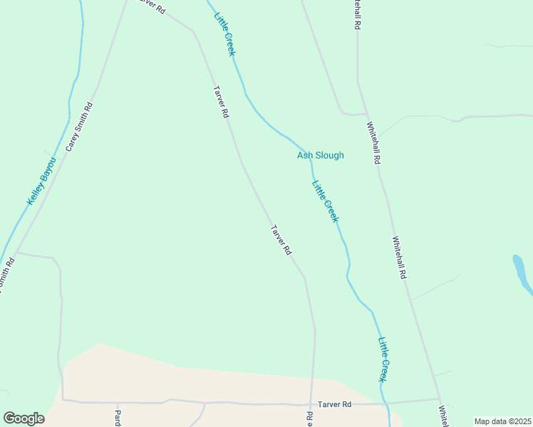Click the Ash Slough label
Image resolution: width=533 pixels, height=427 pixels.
click(x=321, y=155)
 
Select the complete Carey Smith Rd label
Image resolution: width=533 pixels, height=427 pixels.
click(x=80, y=126)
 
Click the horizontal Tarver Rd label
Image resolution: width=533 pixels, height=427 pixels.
click(x=335, y=404)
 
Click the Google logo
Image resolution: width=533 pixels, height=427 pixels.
click(x=24, y=418)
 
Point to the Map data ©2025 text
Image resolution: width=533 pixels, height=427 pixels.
click(x=502, y=421)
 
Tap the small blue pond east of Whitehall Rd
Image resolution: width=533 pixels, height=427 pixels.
click(x=522, y=274)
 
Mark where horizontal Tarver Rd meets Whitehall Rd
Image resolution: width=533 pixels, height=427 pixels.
click(x=439, y=399)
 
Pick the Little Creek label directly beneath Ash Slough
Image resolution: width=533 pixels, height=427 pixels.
click(x=325, y=201)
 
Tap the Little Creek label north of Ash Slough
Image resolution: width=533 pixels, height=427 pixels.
click(x=224, y=33)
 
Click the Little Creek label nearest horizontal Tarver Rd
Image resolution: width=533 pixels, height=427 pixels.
click(x=383, y=360)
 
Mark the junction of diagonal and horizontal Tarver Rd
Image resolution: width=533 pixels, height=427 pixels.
click(x=311, y=403)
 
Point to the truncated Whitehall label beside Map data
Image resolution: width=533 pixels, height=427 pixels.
click(x=443, y=417)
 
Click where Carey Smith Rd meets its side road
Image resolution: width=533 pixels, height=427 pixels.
click(x=16, y=253)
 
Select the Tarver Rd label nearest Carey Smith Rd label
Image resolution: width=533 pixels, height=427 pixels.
click(x=221, y=102)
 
